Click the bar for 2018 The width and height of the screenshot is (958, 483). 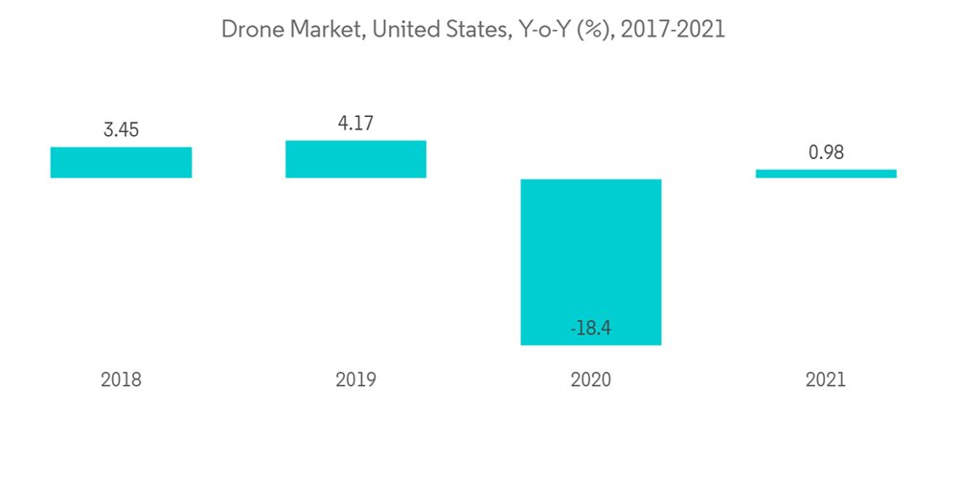pyautogui.click(x=121, y=162)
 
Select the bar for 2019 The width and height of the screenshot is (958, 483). pyautogui.click(x=355, y=159)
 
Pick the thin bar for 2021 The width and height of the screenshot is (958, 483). pyautogui.click(x=826, y=173)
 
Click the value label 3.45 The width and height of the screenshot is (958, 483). pyautogui.click(x=121, y=130)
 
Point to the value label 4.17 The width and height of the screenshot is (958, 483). pyautogui.click(x=355, y=124)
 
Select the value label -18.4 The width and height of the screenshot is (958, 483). pyautogui.click(x=590, y=329)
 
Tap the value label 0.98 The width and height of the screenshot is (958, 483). pyautogui.click(x=826, y=151)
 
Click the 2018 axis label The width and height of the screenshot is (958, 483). pyautogui.click(x=121, y=379)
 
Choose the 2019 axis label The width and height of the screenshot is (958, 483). pyautogui.click(x=355, y=379)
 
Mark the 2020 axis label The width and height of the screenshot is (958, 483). pyautogui.click(x=590, y=379)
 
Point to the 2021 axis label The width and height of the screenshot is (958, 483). pyautogui.click(x=826, y=379)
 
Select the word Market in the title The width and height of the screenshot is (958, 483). pyautogui.click(x=321, y=30)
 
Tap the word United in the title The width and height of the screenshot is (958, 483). pyautogui.click(x=402, y=30)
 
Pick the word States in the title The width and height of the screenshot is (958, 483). pyautogui.click(x=469, y=30)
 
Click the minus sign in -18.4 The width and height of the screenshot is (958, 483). pyautogui.click(x=573, y=330)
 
